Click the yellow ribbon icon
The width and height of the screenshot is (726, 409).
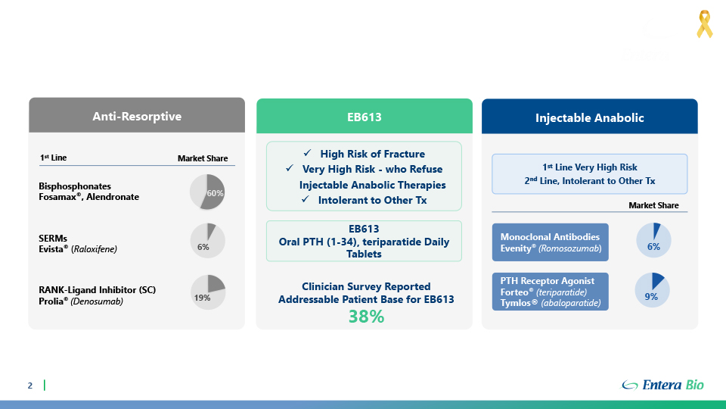(x=704, y=24)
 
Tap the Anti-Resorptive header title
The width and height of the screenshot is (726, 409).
(x=137, y=117)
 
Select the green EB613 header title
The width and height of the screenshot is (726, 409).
(x=365, y=117)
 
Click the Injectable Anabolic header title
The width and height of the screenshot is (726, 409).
(x=589, y=118)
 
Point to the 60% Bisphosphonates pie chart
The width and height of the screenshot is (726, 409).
(x=207, y=192)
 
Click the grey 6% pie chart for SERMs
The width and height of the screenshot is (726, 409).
(x=207, y=241)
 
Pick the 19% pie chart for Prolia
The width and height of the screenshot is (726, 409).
(x=208, y=292)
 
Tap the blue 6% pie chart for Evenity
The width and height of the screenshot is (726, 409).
(x=653, y=240)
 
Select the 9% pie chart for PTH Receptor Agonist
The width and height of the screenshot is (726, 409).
(x=652, y=290)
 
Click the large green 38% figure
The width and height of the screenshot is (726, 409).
(x=366, y=317)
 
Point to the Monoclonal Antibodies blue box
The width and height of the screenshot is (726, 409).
(x=550, y=242)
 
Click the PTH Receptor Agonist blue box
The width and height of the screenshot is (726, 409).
(x=550, y=292)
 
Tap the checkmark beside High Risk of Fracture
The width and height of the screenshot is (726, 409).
(x=308, y=153)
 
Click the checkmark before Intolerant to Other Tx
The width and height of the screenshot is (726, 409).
(x=305, y=199)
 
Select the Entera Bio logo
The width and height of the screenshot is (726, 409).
(x=662, y=385)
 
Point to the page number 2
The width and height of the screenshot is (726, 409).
(x=30, y=386)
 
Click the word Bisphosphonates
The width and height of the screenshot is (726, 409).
(x=75, y=186)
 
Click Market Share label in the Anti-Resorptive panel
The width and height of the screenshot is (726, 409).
(x=203, y=158)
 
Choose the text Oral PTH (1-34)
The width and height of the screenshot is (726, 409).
(x=318, y=242)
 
